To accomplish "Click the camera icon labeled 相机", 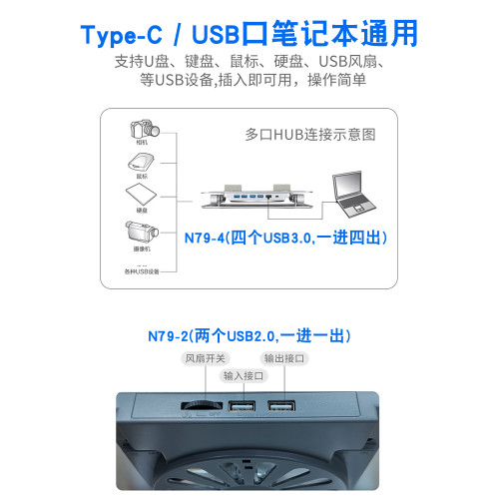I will (x=139, y=131).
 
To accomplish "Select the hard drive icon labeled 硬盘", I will (x=139, y=195).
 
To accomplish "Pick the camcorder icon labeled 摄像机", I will (x=139, y=233).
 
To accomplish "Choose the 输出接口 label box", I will (x=283, y=358).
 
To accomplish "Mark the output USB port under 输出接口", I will (x=281, y=406).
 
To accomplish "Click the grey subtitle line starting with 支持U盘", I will (x=249, y=63).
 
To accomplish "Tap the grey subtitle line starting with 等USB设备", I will (x=249, y=80).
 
